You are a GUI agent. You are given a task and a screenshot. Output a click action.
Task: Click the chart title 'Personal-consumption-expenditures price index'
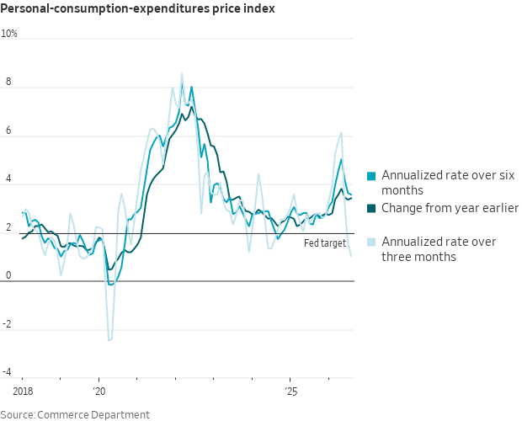coord(137,8)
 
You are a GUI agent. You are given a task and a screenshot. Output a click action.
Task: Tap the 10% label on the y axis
coord(9,34)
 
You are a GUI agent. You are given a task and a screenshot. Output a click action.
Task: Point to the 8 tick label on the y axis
coord(8,82)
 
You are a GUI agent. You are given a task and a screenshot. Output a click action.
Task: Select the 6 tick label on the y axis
coord(8,131)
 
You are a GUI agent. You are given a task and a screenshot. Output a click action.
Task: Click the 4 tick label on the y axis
coord(8,179)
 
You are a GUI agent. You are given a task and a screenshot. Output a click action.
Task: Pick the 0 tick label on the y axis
coord(8,275)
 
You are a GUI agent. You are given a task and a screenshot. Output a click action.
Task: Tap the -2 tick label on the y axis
coord(7,324)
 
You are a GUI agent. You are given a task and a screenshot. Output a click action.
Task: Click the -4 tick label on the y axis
coord(7,372)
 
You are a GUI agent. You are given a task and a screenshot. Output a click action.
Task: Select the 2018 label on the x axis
coord(23,391)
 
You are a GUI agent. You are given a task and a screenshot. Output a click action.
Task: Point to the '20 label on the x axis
coord(99,391)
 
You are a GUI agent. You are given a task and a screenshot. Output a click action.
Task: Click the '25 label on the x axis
coord(290,391)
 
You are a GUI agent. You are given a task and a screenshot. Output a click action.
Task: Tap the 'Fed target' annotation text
coord(325,243)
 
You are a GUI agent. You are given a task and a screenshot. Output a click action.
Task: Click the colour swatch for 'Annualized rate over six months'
coord(371,176)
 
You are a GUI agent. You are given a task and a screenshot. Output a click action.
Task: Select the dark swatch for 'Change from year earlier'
coord(371,208)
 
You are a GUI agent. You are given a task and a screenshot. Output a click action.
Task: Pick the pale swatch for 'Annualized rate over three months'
coord(371,242)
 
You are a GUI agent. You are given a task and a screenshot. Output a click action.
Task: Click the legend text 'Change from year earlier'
coord(450,208)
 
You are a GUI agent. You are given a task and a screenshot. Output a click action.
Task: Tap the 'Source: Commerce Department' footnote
coord(75,414)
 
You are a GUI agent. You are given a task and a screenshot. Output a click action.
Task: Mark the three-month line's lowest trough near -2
coord(109,340)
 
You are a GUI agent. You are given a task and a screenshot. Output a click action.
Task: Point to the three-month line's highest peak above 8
coord(182,73)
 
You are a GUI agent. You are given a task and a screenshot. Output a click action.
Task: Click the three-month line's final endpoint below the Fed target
coord(352,256)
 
